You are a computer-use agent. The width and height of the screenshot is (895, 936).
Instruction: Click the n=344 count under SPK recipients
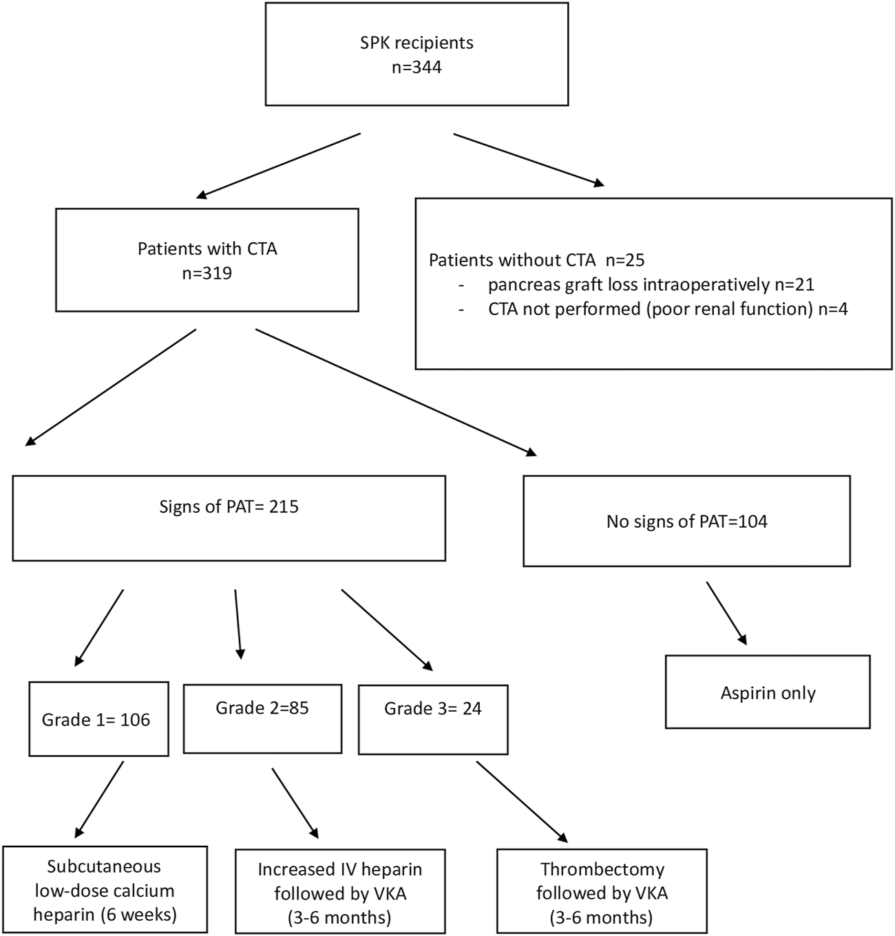tap(417, 67)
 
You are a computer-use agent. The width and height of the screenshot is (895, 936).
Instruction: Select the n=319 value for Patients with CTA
tap(207, 273)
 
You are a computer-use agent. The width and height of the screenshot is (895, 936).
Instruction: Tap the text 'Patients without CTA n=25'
tap(536, 260)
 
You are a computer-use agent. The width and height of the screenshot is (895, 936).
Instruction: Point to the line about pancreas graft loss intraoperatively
tap(651, 285)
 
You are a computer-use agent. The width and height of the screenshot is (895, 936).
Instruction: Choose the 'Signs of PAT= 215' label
tap(229, 507)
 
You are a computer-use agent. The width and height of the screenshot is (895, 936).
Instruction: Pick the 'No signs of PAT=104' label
tap(686, 522)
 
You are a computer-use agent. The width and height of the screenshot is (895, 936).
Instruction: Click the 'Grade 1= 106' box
tap(98, 719)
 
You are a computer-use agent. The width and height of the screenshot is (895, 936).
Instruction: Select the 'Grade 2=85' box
tap(263, 719)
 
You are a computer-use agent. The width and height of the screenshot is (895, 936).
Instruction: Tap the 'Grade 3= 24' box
tap(433, 720)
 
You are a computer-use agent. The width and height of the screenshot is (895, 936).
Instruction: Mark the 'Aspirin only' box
tap(768, 692)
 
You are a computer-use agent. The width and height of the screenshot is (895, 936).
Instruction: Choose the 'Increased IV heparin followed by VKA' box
tap(340, 891)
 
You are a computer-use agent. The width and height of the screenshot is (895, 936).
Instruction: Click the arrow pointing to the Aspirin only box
tap(726, 613)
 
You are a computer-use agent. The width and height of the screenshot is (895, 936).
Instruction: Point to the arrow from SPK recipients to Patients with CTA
tap(278, 166)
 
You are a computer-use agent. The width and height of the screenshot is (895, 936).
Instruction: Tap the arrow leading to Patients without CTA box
tap(529, 160)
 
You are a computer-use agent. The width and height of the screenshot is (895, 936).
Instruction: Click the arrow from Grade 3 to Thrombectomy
tap(522, 801)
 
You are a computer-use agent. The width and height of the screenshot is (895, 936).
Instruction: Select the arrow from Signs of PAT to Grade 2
tap(238, 624)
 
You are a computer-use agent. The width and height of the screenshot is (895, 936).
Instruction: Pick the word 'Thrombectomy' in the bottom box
tap(602, 869)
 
